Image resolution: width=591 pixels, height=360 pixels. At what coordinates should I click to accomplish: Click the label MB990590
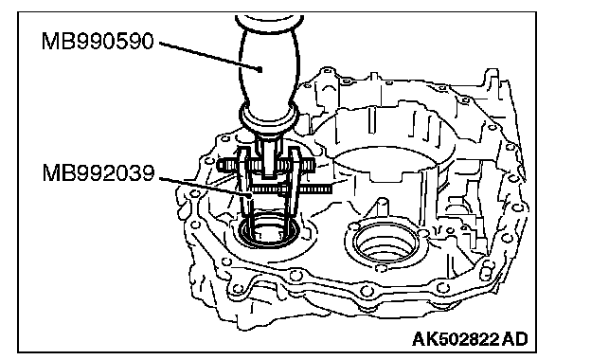[x=98, y=41]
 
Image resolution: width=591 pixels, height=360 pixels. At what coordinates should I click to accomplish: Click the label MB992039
[x=98, y=173]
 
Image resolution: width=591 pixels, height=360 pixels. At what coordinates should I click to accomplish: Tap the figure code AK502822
[x=456, y=339]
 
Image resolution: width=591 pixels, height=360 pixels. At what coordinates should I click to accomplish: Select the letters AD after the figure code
[x=515, y=339]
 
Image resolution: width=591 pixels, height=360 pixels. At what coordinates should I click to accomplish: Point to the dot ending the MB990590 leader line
[x=260, y=69]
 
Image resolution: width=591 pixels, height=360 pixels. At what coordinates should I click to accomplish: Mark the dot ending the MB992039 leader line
[x=249, y=195]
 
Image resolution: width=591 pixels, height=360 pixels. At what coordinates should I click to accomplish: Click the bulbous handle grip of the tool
[x=270, y=64]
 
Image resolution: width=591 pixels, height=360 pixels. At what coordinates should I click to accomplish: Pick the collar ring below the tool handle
[x=269, y=116]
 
